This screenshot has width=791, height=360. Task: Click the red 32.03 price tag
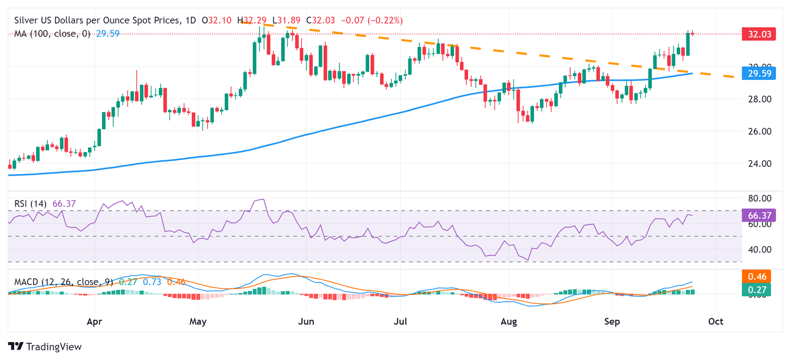point(758,35)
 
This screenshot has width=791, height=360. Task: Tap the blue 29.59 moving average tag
point(758,73)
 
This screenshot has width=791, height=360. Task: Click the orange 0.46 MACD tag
point(758,277)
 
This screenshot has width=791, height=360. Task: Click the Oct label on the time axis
point(716,322)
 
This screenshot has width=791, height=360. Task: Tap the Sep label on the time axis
point(612,322)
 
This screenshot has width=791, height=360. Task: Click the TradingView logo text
point(54,347)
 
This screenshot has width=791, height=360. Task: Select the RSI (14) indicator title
point(30,204)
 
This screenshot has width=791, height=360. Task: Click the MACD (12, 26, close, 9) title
point(63,282)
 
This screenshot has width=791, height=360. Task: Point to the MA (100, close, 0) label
point(52,34)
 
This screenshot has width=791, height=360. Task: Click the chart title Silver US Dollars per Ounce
point(98,21)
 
